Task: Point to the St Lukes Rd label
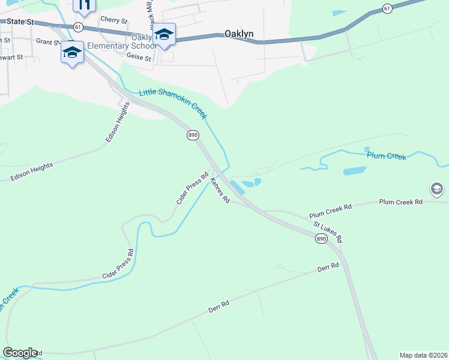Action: tap(328, 232)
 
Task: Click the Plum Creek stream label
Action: tap(387, 156)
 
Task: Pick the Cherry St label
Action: tap(114, 20)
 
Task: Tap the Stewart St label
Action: tap(10, 58)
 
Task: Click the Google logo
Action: tap(20, 353)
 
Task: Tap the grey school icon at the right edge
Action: tap(437, 189)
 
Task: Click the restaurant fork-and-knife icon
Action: tap(84, 5)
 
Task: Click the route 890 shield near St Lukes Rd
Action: tap(321, 239)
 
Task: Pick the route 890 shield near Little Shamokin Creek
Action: tap(192, 136)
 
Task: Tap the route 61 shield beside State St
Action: tap(78, 27)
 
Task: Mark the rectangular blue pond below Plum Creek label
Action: tap(354, 171)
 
